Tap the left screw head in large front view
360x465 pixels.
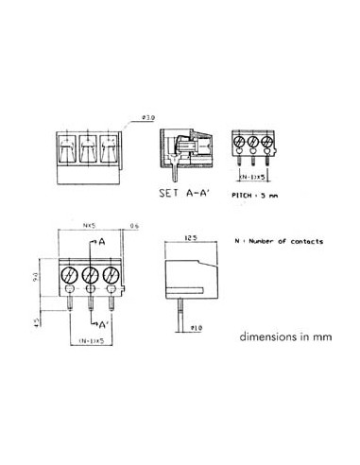coord(70,276)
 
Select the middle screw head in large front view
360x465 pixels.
coord(91,276)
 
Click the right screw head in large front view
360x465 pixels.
coord(111,276)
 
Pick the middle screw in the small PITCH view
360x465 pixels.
coord(254,143)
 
